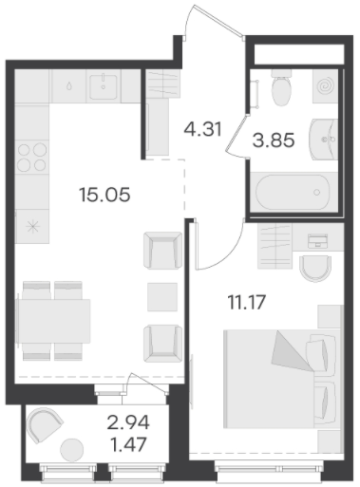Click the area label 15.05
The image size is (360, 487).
click(x=104, y=195)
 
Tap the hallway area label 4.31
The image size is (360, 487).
click(x=202, y=129)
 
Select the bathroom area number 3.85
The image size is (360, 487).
click(x=274, y=140)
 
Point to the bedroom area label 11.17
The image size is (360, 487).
click(x=246, y=302)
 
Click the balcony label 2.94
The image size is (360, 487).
click(x=128, y=422)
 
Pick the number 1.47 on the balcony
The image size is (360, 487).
click(x=128, y=444)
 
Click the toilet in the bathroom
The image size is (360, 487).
click(x=281, y=87)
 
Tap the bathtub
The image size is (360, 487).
click(x=293, y=191)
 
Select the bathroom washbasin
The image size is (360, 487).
click(x=323, y=140)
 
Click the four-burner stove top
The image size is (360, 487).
click(x=32, y=157)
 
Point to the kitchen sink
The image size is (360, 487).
click(x=104, y=86)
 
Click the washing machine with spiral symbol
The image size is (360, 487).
click(x=325, y=85)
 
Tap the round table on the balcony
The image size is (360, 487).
click(x=72, y=450)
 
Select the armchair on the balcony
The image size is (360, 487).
click(x=44, y=424)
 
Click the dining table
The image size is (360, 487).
click(x=54, y=321)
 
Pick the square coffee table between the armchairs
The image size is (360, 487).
click(x=162, y=297)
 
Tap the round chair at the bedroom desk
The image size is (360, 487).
click(x=315, y=269)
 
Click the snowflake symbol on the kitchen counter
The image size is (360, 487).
click(x=33, y=227)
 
